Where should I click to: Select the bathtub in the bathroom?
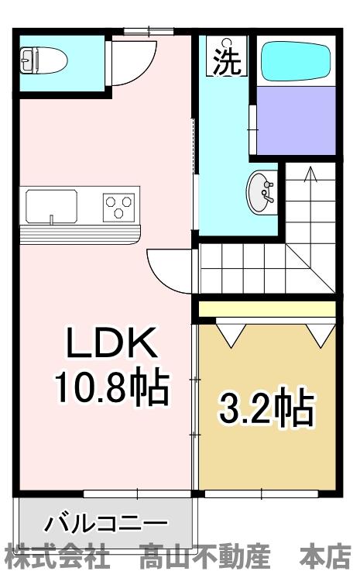pyautogui.click(x=296, y=61)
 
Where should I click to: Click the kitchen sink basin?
pyautogui.click(x=51, y=207)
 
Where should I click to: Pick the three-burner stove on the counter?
pyautogui.click(x=119, y=207)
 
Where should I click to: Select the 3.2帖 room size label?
pyautogui.click(x=267, y=408)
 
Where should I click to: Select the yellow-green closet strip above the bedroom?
pyautogui.click(x=267, y=309)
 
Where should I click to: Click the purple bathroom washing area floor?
pyautogui.click(x=296, y=119)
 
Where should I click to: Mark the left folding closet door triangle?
pyautogui.click(x=231, y=332)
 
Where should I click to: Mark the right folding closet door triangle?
pyautogui.click(x=319, y=332)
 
